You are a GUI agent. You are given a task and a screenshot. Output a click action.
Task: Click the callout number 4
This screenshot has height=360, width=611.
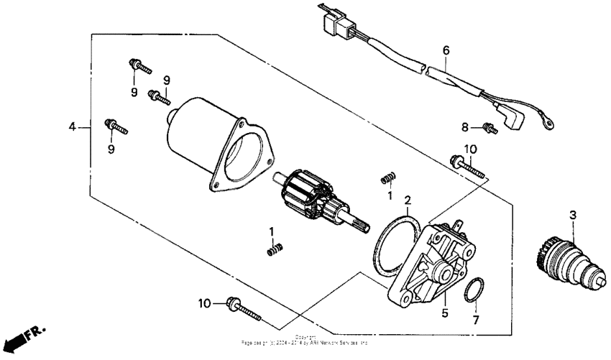pyautogui.click(x=72, y=127)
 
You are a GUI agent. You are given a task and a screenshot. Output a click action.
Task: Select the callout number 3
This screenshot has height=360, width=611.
pyautogui.click(x=572, y=215)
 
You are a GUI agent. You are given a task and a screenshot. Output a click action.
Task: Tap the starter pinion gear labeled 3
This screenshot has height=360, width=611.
pyautogui.click(x=568, y=262)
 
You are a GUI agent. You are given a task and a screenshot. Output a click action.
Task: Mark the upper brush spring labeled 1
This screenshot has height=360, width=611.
pyautogui.click(x=387, y=177)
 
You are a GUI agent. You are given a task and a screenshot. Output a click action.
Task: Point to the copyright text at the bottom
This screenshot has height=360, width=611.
pyautogui.click(x=305, y=340)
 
